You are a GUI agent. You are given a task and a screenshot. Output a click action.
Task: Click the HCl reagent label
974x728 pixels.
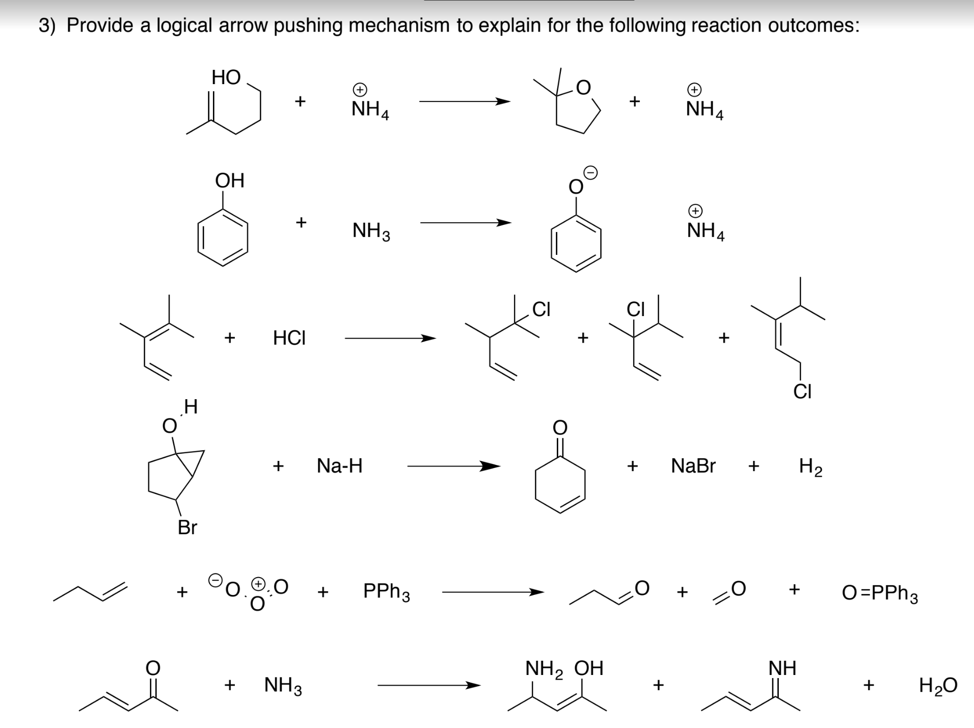[x=289, y=337]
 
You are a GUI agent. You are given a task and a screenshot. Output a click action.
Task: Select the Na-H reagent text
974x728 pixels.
[x=339, y=465]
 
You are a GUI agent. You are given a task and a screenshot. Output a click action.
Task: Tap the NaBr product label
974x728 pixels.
[x=693, y=465]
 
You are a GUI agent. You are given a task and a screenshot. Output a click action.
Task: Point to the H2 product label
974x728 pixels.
[x=810, y=466]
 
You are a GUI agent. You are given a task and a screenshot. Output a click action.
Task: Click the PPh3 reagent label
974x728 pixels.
[x=387, y=592]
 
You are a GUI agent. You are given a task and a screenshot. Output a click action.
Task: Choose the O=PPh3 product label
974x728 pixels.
[x=880, y=593]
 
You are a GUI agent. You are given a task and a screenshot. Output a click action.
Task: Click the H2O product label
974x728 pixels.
[x=938, y=686]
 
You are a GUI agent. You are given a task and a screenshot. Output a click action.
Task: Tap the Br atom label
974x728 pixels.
[x=187, y=527]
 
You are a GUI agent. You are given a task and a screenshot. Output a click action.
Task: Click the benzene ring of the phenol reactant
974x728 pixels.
[x=223, y=237]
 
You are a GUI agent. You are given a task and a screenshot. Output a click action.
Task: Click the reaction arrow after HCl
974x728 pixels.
[x=390, y=338]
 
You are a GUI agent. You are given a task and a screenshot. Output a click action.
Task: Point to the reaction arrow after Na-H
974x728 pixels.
[x=453, y=465]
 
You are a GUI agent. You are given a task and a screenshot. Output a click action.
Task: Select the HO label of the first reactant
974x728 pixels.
[x=226, y=77]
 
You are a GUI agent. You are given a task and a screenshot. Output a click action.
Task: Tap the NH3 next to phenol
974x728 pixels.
[x=371, y=231]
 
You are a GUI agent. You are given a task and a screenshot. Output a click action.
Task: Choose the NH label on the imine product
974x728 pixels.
[x=782, y=668]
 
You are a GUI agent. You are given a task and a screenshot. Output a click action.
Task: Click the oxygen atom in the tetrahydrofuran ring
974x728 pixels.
[x=583, y=88]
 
